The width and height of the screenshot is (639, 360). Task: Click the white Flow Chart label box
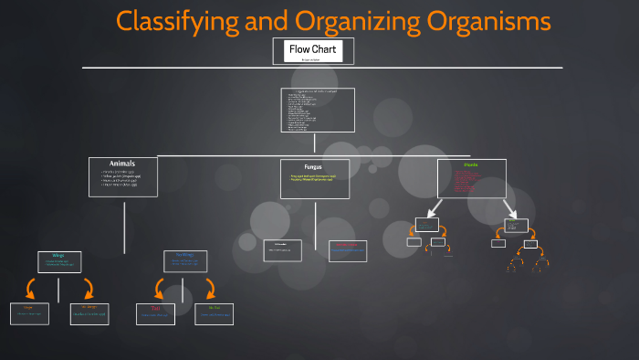point(308,50)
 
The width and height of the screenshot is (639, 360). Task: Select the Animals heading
point(122,164)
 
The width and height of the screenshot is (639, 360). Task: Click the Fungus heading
point(313,167)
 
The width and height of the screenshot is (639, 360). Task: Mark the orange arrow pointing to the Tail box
point(160,289)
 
